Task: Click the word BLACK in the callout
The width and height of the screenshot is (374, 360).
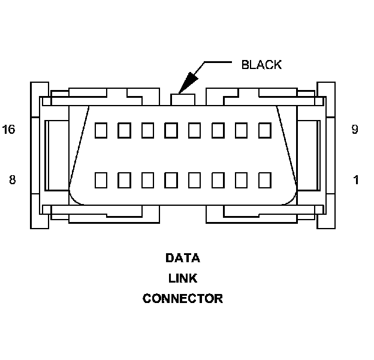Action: tap(261, 65)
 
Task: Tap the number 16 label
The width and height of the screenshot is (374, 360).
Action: tap(9, 130)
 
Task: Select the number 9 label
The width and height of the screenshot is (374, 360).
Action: tap(355, 130)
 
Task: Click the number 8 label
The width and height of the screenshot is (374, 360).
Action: tap(12, 179)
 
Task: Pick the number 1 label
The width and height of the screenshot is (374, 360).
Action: tap(356, 179)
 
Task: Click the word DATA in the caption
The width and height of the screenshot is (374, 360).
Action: tap(182, 259)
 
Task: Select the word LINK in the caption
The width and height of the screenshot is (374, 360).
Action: tap(182, 278)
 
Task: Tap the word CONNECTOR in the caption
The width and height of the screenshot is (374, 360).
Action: tap(182, 298)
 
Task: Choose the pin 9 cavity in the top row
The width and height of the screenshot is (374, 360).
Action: tap(264, 130)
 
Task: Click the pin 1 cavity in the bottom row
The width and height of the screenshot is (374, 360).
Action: tap(264, 179)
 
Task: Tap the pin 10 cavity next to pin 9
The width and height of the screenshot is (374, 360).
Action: tap(241, 130)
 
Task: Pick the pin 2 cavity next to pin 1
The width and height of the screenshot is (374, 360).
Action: tap(241, 179)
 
